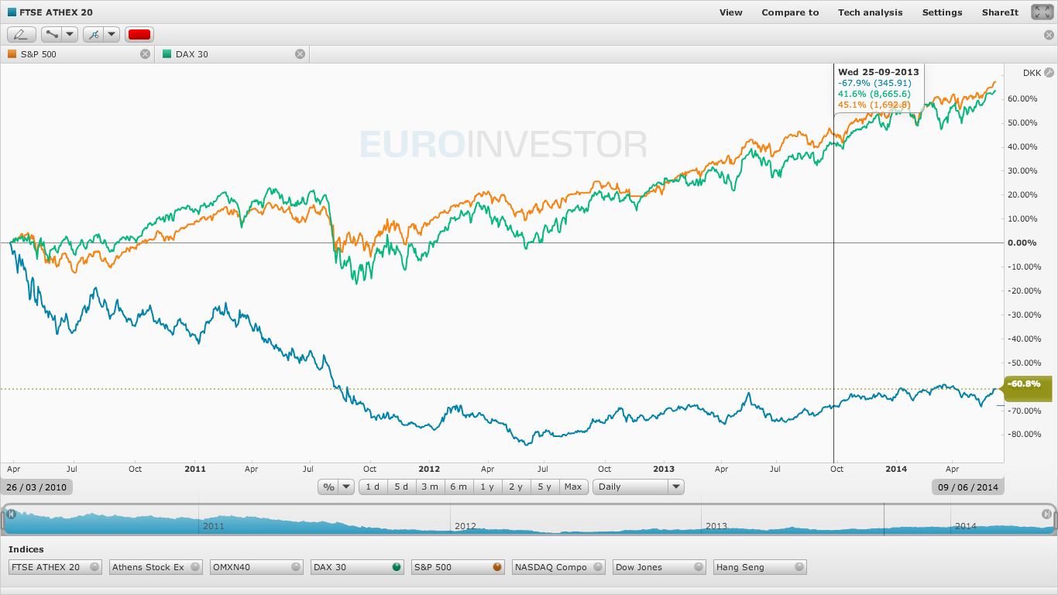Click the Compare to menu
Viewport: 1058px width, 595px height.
[790, 12]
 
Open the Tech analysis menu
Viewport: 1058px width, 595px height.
[870, 12]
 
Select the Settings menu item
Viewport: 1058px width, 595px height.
[942, 12]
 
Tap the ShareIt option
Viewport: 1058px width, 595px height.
[1000, 12]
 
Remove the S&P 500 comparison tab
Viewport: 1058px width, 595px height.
[145, 54]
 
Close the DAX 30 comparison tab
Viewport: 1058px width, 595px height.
[300, 54]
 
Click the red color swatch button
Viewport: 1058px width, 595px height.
[139, 34]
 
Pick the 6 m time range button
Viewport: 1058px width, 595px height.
[459, 487]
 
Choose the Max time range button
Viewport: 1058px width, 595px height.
[573, 487]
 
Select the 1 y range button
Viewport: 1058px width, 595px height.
[486, 487]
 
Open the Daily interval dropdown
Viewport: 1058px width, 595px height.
[638, 487]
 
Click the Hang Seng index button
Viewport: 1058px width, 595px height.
[760, 567]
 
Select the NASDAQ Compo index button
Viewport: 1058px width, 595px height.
[558, 567]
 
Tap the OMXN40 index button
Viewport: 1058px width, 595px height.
[256, 567]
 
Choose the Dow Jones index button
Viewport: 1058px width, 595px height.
[659, 567]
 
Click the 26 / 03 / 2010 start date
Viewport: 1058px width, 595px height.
[38, 487]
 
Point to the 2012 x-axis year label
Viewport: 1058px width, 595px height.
[428, 469]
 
